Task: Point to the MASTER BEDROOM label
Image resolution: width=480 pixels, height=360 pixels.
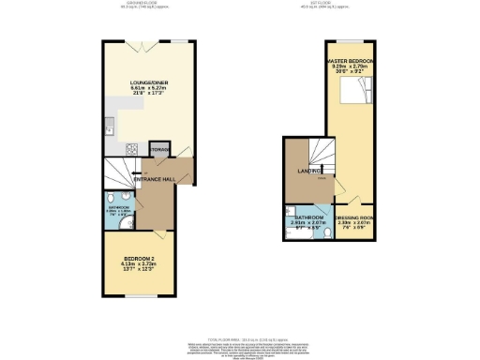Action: pos(353,62)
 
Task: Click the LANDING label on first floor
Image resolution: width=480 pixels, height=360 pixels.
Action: pos(310,170)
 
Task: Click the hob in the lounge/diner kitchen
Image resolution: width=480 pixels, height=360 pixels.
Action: pos(131,149)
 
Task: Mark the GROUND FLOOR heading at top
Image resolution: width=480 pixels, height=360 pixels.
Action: pos(143,4)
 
